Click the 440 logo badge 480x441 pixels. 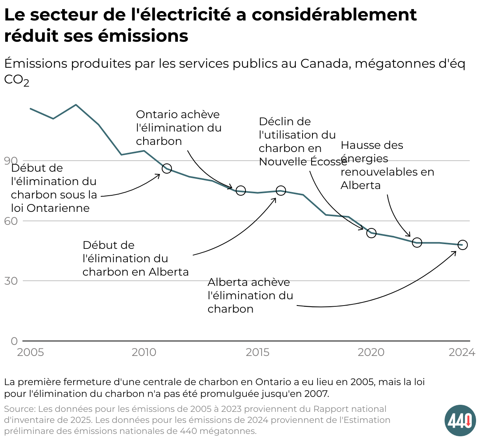tap(460, 420)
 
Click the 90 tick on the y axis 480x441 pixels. tap(11, 161)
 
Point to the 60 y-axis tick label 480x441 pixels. tap(11, 221)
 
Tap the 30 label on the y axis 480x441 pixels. tap(11, 281)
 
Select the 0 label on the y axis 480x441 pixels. tap(14, 341)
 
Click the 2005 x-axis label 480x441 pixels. tap(31, 352)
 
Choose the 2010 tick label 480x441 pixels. tap(144, 352)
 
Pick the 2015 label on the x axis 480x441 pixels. tap(258, 352)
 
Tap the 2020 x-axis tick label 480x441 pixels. tap(371, 352)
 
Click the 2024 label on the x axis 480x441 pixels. tap(462, 352)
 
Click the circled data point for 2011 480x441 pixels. tap(167, 169)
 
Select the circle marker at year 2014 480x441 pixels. tap(241, 191)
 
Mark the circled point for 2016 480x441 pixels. tap(281, 191)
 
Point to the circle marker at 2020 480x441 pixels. tap(371, 233)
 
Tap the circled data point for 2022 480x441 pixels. tap(417, 243)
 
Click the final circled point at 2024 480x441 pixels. tap(463, 245)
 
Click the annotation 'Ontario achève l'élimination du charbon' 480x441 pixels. tap(179, 128)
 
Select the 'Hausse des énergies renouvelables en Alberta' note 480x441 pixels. tap(387, 165)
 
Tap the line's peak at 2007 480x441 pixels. tap(76, 105)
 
